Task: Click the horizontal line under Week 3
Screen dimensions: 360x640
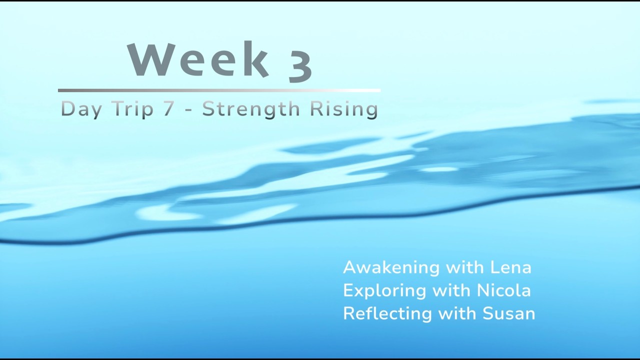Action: point(219,90)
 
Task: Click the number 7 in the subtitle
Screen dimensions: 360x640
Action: point(169,109)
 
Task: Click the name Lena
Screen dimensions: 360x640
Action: point(510,267)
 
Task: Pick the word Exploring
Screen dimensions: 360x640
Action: point(384,290)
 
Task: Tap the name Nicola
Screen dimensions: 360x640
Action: point(503,290)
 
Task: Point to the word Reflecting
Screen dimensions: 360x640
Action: point(387,313)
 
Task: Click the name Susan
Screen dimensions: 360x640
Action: point(508,313)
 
